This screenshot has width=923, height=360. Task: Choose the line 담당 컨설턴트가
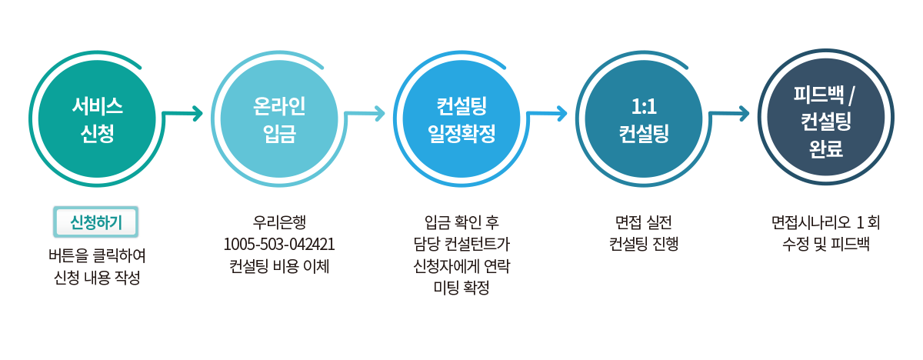coord(461,245)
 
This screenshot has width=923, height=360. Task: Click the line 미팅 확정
coord(461,288)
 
